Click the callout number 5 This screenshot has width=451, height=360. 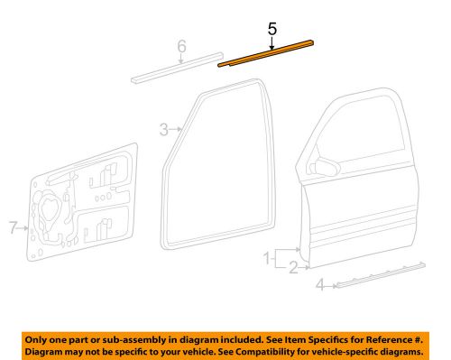[x=272, y=29]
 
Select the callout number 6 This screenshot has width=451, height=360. [x=181, y=46]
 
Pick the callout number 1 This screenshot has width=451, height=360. [x=267, y=260]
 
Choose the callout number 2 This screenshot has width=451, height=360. [x=293, y=266]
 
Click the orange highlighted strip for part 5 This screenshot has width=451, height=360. [x=267, y=52]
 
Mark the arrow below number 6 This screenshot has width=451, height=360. [x=181, y=60]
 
